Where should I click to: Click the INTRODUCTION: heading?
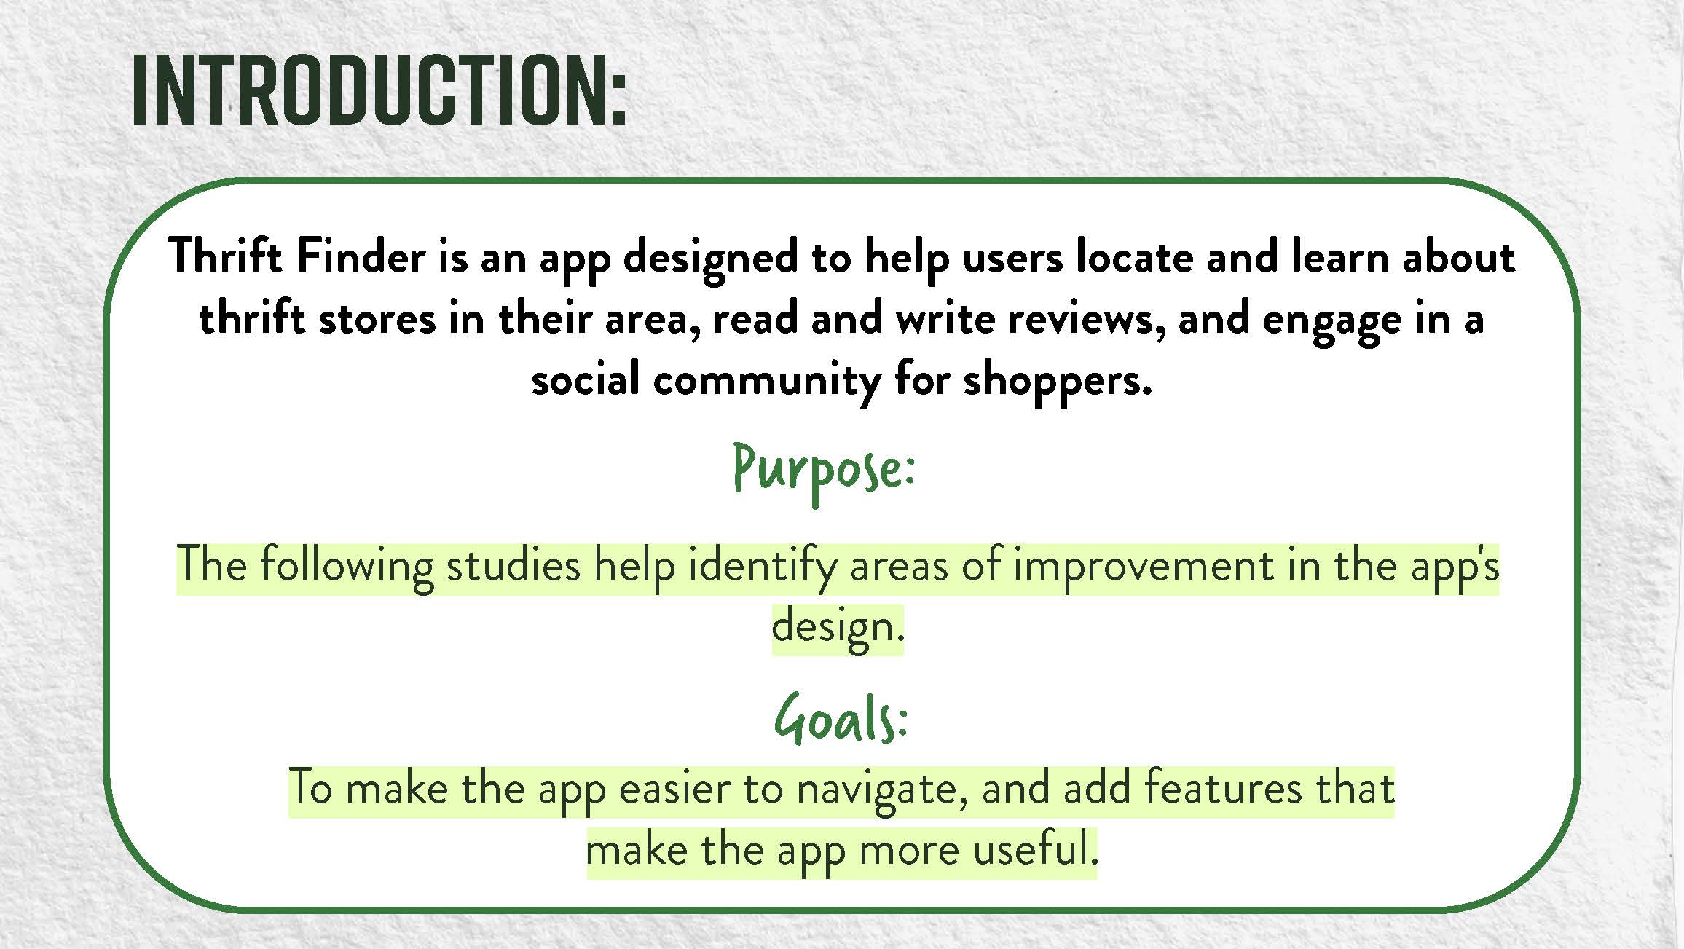379,91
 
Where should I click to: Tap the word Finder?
361,257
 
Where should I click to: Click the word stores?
377,319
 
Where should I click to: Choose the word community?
767,381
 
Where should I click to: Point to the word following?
347,567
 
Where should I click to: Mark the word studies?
513,565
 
